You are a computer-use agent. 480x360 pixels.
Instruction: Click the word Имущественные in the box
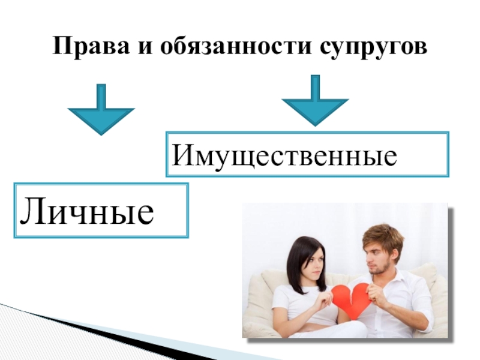point(285,156)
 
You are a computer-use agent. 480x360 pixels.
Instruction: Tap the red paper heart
point(352,299)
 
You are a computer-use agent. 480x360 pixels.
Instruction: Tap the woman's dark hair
point(297,258)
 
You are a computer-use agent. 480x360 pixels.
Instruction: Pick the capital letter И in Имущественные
point(181,156)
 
